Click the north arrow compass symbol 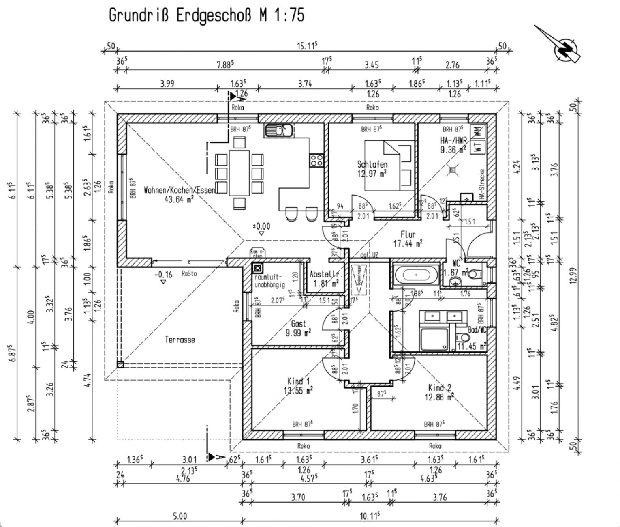(x=564, y=48)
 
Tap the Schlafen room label (x=372, y=164)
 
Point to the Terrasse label (x=180, y=340)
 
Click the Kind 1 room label (x=298, y=381)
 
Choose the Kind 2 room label (x=439, y=388)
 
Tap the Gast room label (x=298, y=324)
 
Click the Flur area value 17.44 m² (x=408, y=243)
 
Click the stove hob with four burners (x=316, y=160)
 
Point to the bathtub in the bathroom (x=416, y=275)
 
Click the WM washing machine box (x=478, y=131)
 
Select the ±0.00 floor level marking (x=261, y=226)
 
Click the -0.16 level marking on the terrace (x=163, y=275)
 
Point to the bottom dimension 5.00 (x=180, y=516)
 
